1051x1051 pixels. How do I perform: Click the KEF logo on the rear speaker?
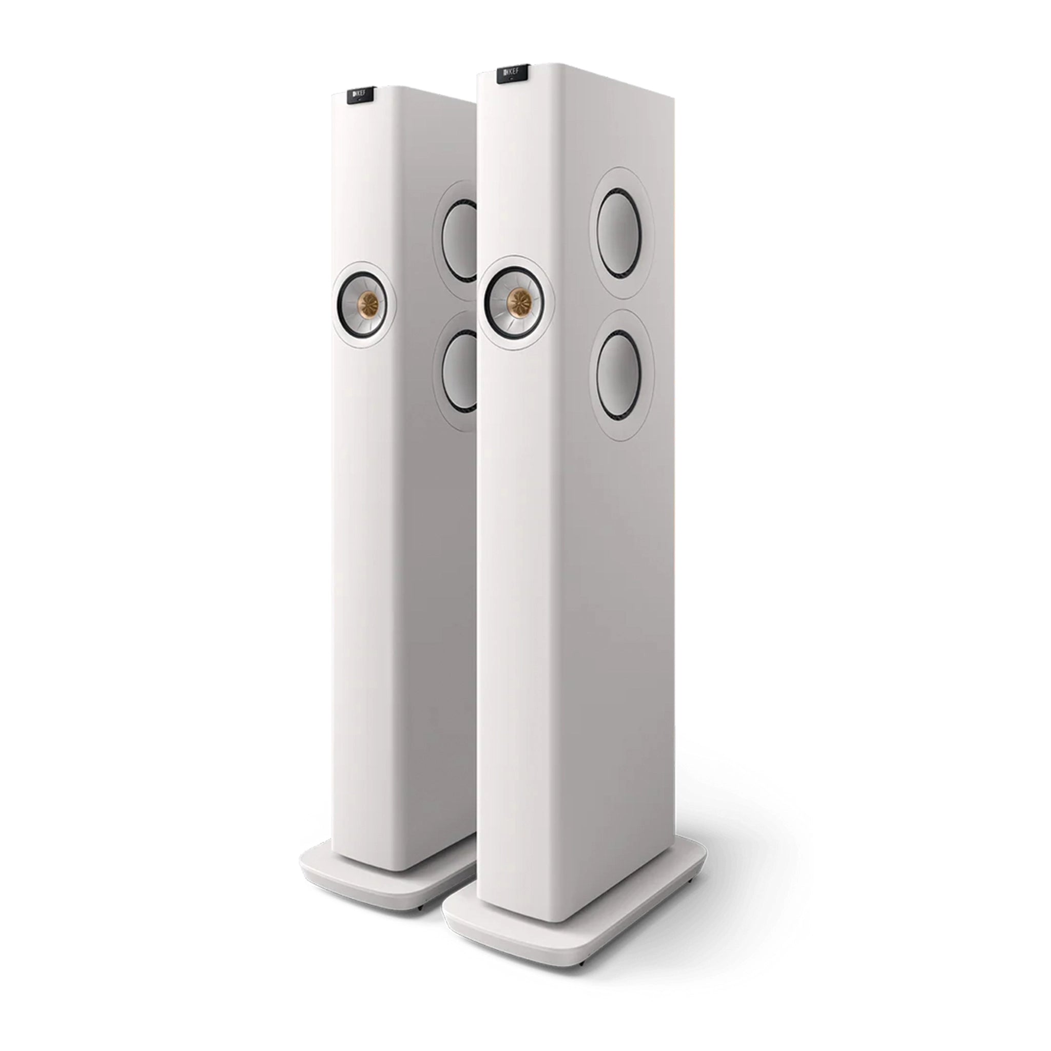click(x=361, y=95)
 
